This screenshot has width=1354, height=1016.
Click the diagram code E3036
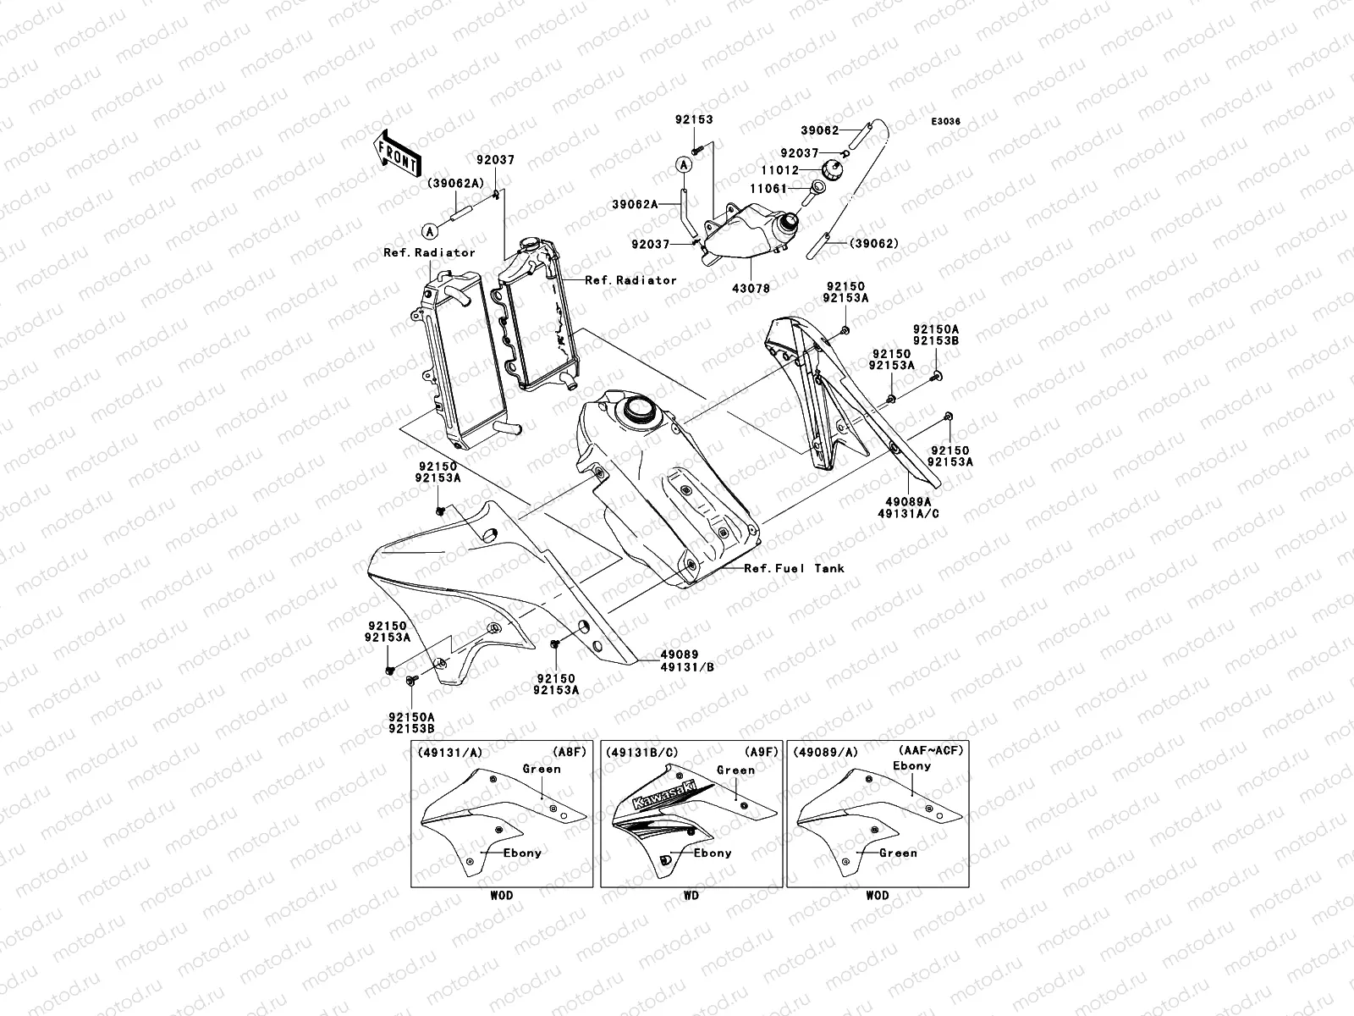[946, 122]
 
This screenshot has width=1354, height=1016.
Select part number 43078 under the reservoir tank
[752, 288]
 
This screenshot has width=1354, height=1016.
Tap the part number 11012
[778, 171]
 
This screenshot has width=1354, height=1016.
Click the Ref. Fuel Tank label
[794, 569]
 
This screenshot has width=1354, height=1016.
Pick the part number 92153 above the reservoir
[694, 120]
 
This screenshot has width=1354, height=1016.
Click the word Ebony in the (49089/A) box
[911, 766]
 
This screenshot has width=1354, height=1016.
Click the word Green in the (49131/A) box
[542, 770]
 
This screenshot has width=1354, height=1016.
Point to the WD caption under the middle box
[691, 895]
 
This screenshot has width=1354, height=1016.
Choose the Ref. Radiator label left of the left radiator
[429, 252]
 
